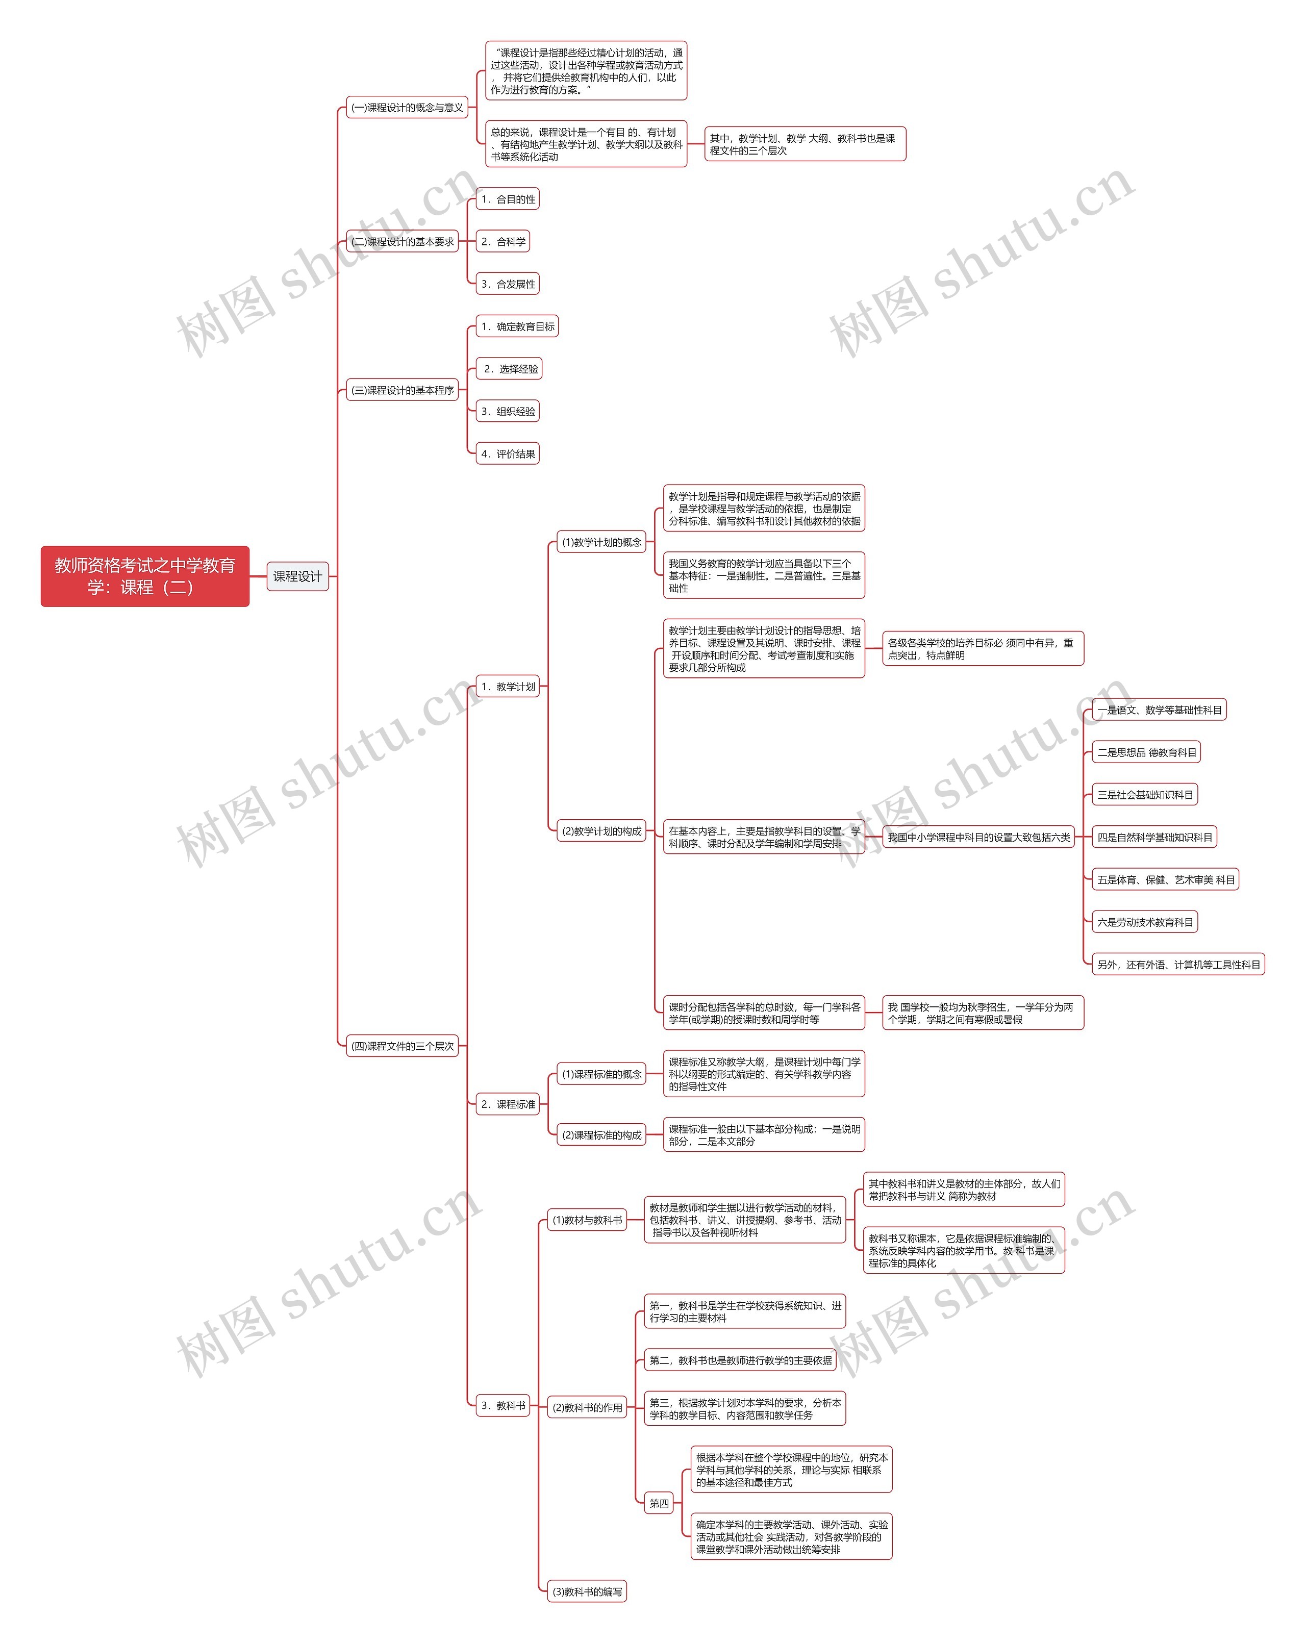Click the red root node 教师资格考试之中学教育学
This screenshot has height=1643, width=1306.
pos(145,576)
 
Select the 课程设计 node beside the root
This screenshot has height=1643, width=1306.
pos(297,576)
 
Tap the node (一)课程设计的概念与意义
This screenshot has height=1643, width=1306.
pos(407,108)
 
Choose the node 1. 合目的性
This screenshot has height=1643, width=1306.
pos(508,199)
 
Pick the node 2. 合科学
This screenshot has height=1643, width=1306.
pos(503,242)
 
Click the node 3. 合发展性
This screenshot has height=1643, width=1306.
pos(508,284)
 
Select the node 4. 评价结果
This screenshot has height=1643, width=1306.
pos(508,454)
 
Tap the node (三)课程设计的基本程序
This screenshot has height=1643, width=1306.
pos(403,390)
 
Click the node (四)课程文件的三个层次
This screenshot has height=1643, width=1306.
pos(403,1046)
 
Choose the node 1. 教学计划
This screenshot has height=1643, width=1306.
pos(508,687)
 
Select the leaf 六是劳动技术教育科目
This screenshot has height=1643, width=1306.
pos(1144,922)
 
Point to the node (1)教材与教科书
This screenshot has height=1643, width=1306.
pos(587,1220)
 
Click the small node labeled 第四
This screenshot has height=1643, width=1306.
pos(659,1504)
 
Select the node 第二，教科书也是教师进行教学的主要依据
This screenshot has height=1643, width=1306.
pos(740,1360)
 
